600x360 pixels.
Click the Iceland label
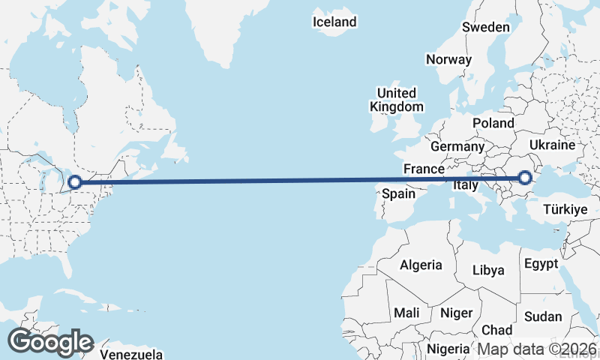[x=334, y=22]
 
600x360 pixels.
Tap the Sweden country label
[x=485, y=27]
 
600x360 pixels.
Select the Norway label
[x=448, y=59]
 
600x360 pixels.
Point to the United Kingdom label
[x=397, y=100]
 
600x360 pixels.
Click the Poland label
[x=493, y=123]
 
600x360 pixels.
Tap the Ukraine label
[x=552, y=145]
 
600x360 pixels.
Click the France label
[x=424, y=169]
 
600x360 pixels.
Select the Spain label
[x=399, y=193]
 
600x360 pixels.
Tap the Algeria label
[x=421, y=265]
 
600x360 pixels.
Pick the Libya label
[x=488, y=270]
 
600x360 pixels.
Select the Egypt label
[x=541, y=264]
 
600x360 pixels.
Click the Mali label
[x=406, y=312]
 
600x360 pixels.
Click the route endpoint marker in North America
[x=75, y=181]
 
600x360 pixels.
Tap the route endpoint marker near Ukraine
[x=525, y=178]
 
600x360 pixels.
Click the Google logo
[x=50, y=342]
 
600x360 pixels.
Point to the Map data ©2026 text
[x=537, y=349]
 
